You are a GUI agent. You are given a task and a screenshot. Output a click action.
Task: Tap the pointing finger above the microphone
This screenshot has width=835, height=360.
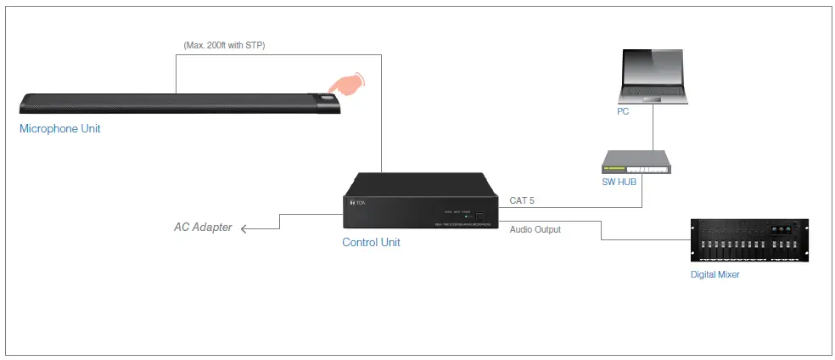(x=345, y=83)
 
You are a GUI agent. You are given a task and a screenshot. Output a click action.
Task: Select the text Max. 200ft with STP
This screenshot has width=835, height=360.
(x=224, y=44)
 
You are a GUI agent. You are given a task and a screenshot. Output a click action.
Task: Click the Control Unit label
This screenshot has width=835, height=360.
(x=371, y=242)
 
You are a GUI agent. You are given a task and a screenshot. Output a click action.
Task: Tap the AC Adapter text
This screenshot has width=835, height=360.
(x=203, y=228)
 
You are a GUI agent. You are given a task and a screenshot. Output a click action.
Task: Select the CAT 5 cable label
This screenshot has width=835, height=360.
(x=523, y=201)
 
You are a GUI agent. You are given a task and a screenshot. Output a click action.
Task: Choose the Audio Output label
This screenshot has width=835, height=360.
(x=535, y=229)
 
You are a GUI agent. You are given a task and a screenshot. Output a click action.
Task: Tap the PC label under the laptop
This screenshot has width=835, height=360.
(x=623, y=111)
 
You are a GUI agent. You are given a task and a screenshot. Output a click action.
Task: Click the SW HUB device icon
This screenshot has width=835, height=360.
(x=636, y=162)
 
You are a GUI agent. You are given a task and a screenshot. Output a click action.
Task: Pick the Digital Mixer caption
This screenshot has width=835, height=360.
(x=715, y=274)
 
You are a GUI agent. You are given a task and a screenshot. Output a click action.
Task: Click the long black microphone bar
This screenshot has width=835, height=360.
(x=170, y=104)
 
